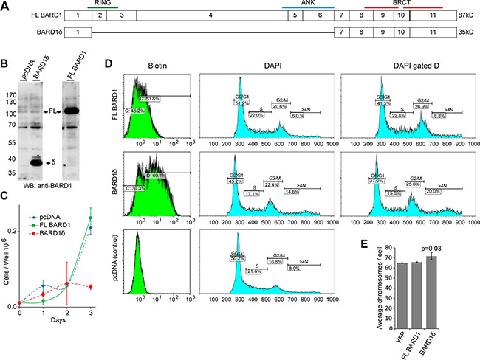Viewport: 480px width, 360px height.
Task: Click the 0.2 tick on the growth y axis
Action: (x=12, y=232)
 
